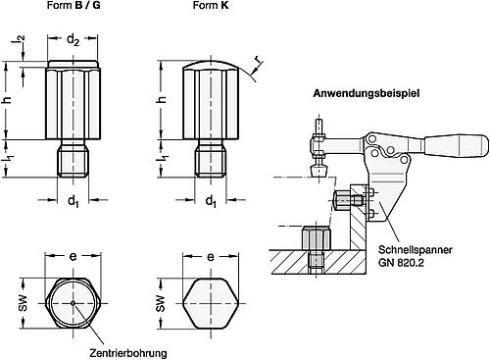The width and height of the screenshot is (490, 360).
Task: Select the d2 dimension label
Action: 73,41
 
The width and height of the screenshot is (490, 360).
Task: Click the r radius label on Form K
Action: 258,68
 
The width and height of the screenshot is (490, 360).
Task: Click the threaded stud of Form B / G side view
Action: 74,161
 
